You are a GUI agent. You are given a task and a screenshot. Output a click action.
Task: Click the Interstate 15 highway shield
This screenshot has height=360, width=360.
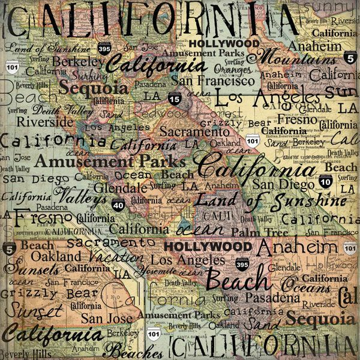point(174,100)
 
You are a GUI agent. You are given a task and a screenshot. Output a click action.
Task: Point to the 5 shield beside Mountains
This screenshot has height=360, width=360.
point(349,59)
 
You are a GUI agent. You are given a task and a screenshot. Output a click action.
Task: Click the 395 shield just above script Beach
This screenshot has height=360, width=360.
point(242,264)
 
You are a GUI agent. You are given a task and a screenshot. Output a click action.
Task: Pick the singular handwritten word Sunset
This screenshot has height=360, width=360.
point(31,311)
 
